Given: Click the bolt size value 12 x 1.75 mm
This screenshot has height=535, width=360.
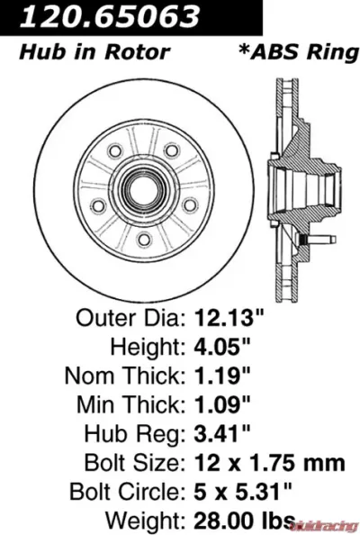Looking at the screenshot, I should (269, 464).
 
